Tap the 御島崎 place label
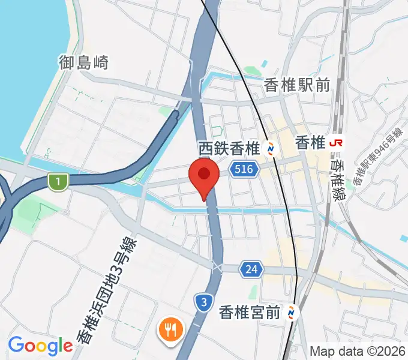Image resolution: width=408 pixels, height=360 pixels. point(84,62)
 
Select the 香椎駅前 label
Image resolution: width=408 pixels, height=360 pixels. point(297,86)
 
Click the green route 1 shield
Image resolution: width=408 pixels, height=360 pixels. point(57,180)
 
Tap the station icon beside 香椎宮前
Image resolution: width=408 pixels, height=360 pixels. point(292,312)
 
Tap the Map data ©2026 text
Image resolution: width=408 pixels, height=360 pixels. point(358,351)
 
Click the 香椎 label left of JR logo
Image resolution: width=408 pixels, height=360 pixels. point(310,143)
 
